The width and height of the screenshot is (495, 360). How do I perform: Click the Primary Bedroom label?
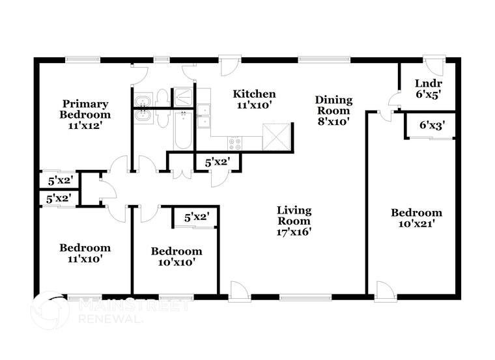coord(85,115)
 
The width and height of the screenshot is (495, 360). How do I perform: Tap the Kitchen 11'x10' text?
coord(254,99)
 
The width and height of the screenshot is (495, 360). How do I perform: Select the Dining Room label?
coord(333,110)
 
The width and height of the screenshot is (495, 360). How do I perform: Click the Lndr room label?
coord(429,88)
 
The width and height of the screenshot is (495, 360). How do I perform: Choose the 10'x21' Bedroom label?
coord(416,218)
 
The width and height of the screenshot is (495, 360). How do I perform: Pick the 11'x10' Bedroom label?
coord(85,253)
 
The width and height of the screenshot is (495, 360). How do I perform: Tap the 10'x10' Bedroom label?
coord(176,256)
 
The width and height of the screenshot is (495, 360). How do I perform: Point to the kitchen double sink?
coord(205,116)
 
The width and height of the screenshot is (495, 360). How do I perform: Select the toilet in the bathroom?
coord(162,98)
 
